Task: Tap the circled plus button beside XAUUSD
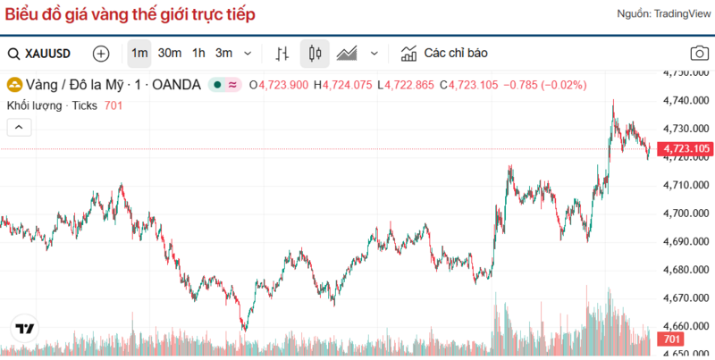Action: tap(101, 54)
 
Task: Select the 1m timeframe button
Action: tap(139, 54)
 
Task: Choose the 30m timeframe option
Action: tap(170, 54)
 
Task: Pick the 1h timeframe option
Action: tap(198, 54)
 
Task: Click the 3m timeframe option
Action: tap(223, 54)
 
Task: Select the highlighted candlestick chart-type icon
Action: tap(314, 54)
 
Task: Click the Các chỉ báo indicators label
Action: tap(455, 54)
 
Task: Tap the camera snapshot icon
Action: tap(700, 54)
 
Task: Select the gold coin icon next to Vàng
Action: tap(14, 85)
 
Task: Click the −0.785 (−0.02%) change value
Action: tap(544, 85)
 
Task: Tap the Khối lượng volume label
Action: tap(34, 105)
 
